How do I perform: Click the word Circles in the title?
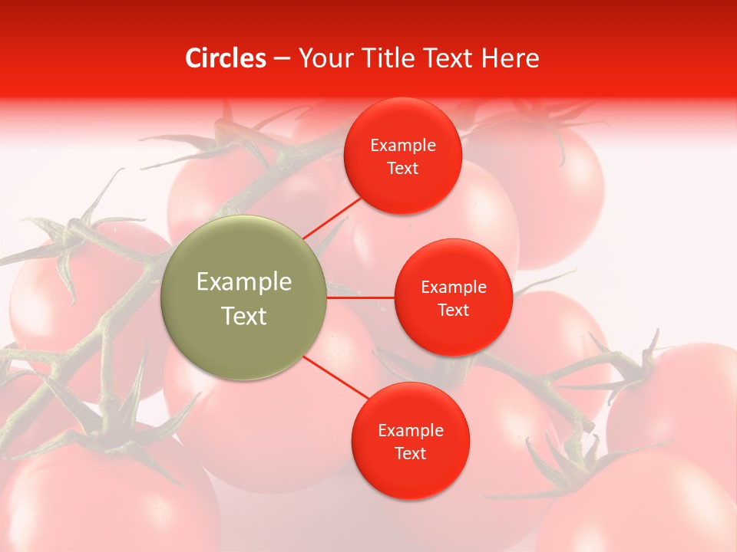click(225, 58)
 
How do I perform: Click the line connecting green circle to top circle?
click(334, 216)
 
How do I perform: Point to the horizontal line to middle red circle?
click(360, 297)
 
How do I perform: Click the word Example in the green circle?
click(244, 282)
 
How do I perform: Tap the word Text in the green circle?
click(244, 316)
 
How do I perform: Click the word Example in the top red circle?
click(402, 146)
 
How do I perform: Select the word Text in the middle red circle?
click(453, 310)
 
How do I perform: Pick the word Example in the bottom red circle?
click(410, 431)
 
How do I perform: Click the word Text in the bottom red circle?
click(410, 454)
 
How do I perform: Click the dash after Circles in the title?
click(281, 59)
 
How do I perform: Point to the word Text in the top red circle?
click(402, 169)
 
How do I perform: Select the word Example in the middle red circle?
click(453, 287)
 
